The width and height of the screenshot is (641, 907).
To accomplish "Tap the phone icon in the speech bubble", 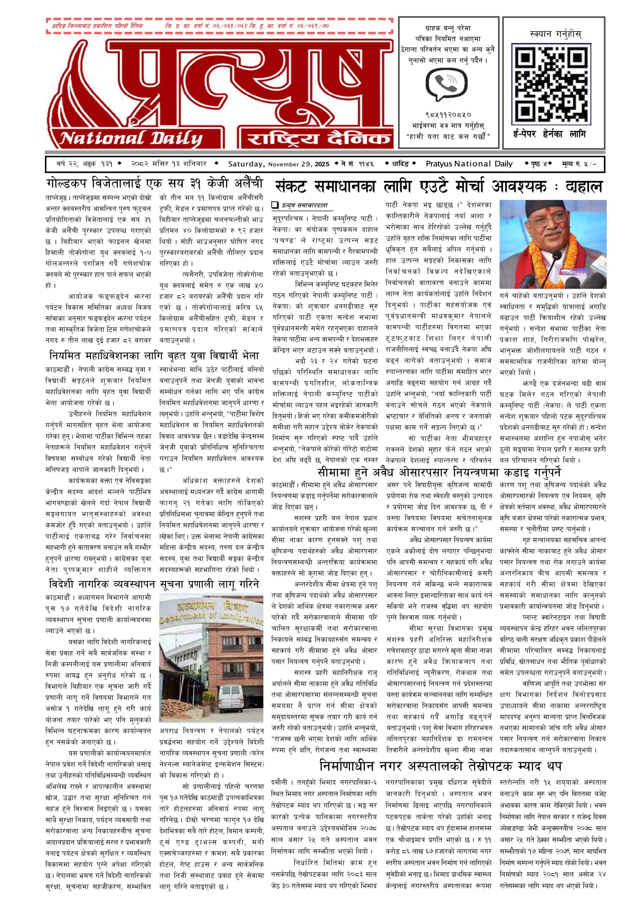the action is pyautogui.click(x=446, y=83).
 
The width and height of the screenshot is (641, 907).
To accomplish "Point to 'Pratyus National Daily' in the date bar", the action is pyautogui.click(x=469, y=164).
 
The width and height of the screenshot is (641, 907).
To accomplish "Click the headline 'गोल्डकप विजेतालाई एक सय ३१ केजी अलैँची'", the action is pyautogui.click(x=154, y=184).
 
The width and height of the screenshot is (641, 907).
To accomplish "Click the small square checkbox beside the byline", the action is pyautogui.click(x=275, y=205).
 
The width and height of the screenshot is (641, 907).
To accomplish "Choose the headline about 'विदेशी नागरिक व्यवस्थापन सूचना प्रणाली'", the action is pyautogui.click(x=154, y=584).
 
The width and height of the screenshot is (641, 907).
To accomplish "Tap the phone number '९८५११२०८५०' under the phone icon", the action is pyautogui.click(x=448, y=115).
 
